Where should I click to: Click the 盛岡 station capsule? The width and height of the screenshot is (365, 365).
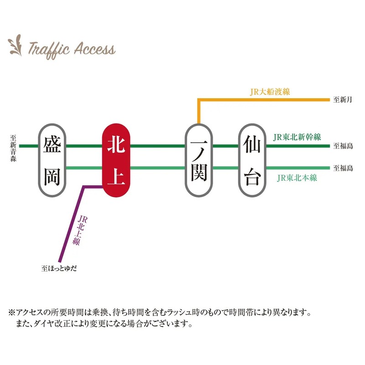pyautogui.click(x=53, y=160)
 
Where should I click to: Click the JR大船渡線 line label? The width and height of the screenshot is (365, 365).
pyautogui.click(x=270, y=92)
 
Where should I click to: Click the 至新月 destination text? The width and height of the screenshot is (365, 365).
pyautogui.click(x=343, y=99)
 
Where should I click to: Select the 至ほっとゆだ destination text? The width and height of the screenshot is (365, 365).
pyautogui.click(x=59, y=269)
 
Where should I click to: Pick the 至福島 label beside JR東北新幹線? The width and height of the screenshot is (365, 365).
pyautogui.click(x=343, y=146)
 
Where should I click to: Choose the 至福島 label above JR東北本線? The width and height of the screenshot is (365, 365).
pyautogui.click(x=343, y=168)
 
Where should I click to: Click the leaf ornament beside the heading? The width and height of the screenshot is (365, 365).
pyautogui.click(x=16, y=44)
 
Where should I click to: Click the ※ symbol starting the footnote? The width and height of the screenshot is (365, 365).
pyautogui.click(x=12, y=313)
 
